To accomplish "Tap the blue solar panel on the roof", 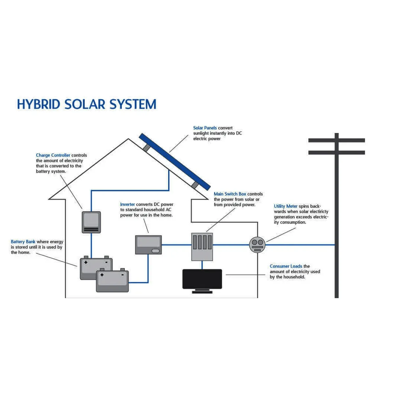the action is click(x=175, y=162).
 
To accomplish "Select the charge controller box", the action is click(x=91, y=222).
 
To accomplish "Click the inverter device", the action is click(x=148, y=245).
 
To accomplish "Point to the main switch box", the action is click(x=202, y=247).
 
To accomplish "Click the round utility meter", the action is click(x=257, y=245).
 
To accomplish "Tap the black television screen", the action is click(x=202, y=279).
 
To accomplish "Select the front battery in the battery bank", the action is click(x=113, y=280).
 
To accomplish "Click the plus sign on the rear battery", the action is click(x=86, y=262).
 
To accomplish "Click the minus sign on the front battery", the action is click(x=122, y=275).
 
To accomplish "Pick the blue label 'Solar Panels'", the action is click(x=205, y=128).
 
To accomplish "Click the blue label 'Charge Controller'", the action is click(x=53, y=155).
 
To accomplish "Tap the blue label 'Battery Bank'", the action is click(x=23, y=242).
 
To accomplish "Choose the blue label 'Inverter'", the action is click(x=127, y=204).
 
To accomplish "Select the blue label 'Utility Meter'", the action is click(x=286, y=206).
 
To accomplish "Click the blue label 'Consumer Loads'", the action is click(x=286, y=266).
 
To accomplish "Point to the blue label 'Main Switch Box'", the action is click(x=230, y=194).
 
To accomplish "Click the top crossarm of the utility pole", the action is click(x=337, y=140).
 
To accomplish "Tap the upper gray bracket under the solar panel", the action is click(x=146, y=148).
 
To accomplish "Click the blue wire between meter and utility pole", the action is click(x=300, y=245).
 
